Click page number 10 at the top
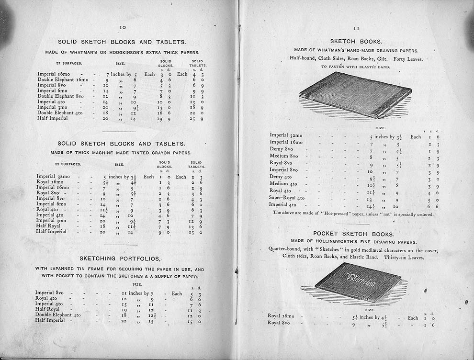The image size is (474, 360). point(123,28)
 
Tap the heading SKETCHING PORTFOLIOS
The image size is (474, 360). point(120,258)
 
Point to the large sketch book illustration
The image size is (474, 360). point(355,95)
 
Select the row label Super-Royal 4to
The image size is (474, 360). point(287,197)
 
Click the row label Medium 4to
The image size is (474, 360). point(283,183)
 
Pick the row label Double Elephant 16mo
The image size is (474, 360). point(63,79)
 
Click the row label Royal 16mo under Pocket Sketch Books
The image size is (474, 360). point(283,316)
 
